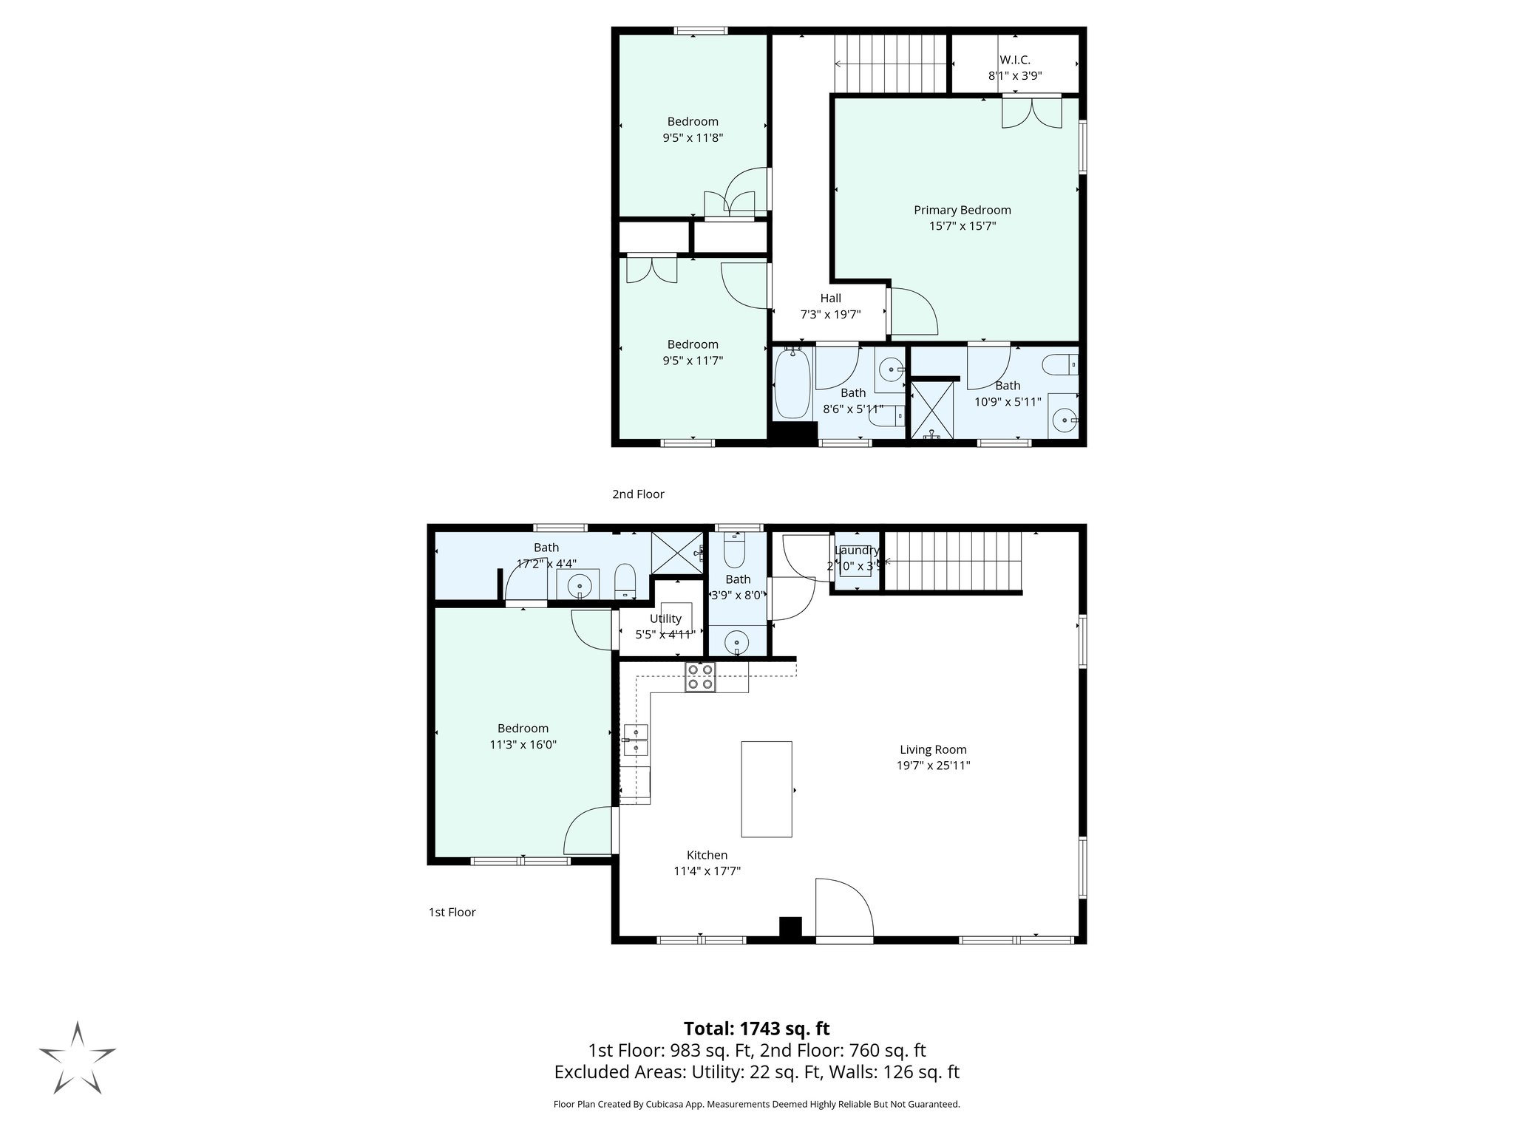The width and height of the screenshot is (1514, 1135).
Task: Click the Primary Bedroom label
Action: pos(962,210)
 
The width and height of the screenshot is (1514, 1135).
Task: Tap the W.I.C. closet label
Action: pos(1014,60)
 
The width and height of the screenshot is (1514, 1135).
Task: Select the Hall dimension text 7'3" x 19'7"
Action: pos(830,314)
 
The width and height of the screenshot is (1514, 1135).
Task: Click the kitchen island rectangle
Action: pos(767,789)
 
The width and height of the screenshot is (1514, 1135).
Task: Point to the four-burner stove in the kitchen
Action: pos(700,677)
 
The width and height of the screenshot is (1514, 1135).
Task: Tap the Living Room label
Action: pos(933,749)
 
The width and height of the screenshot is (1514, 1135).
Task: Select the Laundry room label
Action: pos(857,551)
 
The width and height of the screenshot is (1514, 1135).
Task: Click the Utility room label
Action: pos(665,618)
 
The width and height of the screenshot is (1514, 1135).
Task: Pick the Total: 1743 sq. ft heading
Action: pos(756,1029)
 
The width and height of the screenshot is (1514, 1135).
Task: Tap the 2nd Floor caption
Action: pos(638,494)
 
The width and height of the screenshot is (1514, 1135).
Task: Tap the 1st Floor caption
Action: pos(452,913)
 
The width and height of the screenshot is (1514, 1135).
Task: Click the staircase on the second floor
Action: pos(891,64)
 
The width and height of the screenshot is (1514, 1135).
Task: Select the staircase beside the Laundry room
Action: pos(953,562)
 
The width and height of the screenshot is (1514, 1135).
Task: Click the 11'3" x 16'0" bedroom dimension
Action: pos(523,745)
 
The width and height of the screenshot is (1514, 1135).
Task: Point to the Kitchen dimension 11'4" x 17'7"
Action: pos(707,871)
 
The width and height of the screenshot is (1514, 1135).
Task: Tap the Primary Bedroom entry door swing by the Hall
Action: pos(913,311)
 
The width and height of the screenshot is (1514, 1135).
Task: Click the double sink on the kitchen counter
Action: pos(635,740)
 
